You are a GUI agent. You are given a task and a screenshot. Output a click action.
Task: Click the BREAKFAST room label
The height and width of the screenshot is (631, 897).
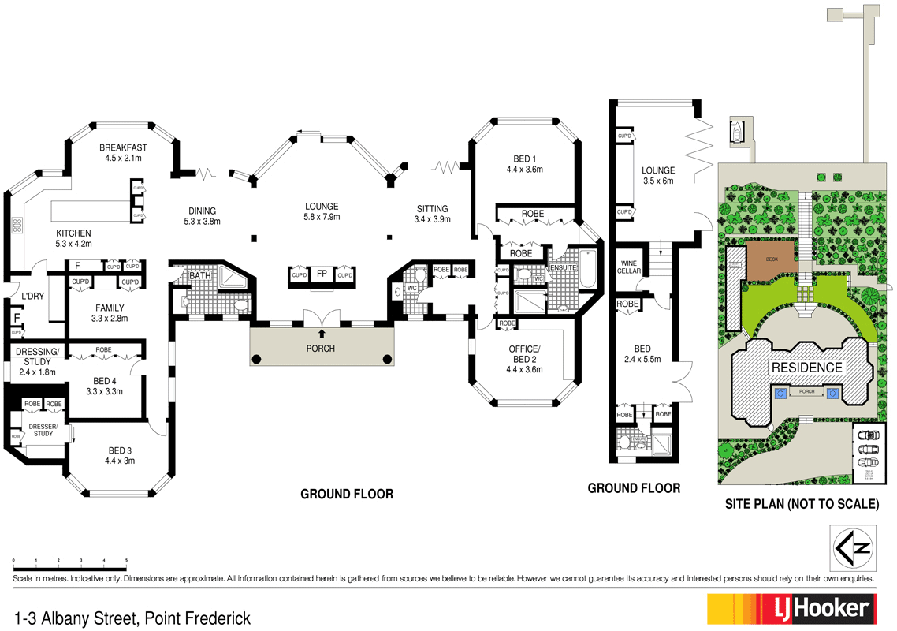tap(123, 147)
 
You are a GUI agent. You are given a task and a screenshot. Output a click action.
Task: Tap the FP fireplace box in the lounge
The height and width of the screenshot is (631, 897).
tap(322, 274)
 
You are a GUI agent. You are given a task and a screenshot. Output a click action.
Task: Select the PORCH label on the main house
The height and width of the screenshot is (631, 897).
tap(322, 349)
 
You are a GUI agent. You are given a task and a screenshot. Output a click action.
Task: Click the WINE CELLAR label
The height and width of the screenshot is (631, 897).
tap(628, 267)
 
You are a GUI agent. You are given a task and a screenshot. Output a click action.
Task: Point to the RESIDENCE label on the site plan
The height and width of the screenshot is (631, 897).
tap(806, 367)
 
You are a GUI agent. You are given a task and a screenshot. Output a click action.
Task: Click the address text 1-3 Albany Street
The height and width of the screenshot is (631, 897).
tap(132, 617)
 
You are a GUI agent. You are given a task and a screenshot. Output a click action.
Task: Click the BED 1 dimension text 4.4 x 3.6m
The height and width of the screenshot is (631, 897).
tap(526, 169)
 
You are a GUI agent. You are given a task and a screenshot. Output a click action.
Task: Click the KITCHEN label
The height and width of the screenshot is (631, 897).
tap(73, 233)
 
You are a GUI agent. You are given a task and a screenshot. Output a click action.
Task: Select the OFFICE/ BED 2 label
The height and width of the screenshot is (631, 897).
tap(524, 353)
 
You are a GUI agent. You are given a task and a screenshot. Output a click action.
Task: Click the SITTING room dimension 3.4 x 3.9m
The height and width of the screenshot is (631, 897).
tap(433, 221)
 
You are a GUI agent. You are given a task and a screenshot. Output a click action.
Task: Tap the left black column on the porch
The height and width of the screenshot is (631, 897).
tap(257, 360)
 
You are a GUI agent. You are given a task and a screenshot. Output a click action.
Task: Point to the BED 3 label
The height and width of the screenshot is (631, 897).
tap(121, 451)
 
